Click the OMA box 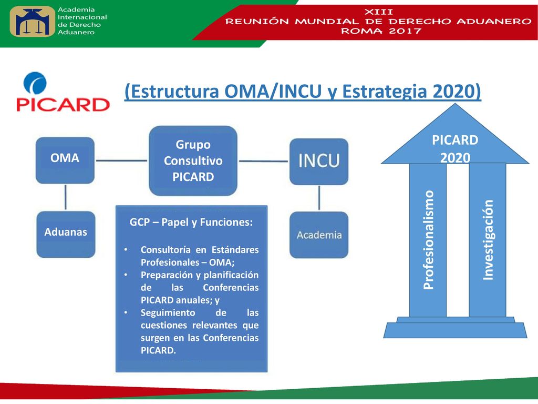(65, 160)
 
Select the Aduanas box (66, 234)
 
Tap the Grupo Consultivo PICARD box (193, 161)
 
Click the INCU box (319, 161)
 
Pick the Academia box (319, 235)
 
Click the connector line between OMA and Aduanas (66, 197)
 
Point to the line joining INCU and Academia (319, 198)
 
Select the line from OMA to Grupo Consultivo (121, 160)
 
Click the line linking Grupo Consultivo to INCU (264, 161)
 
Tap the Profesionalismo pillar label (429, 240)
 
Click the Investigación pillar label (488, 240)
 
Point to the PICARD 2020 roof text (455, 149)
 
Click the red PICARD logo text (63, 105)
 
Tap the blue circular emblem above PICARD (35, 83)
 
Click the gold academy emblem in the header (32, 21)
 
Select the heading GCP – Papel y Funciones (191, 222)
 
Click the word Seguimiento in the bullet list (168, 312)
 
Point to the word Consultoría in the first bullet (165, 249)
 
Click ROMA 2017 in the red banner (381, 31)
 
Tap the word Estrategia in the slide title (385, 92)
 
